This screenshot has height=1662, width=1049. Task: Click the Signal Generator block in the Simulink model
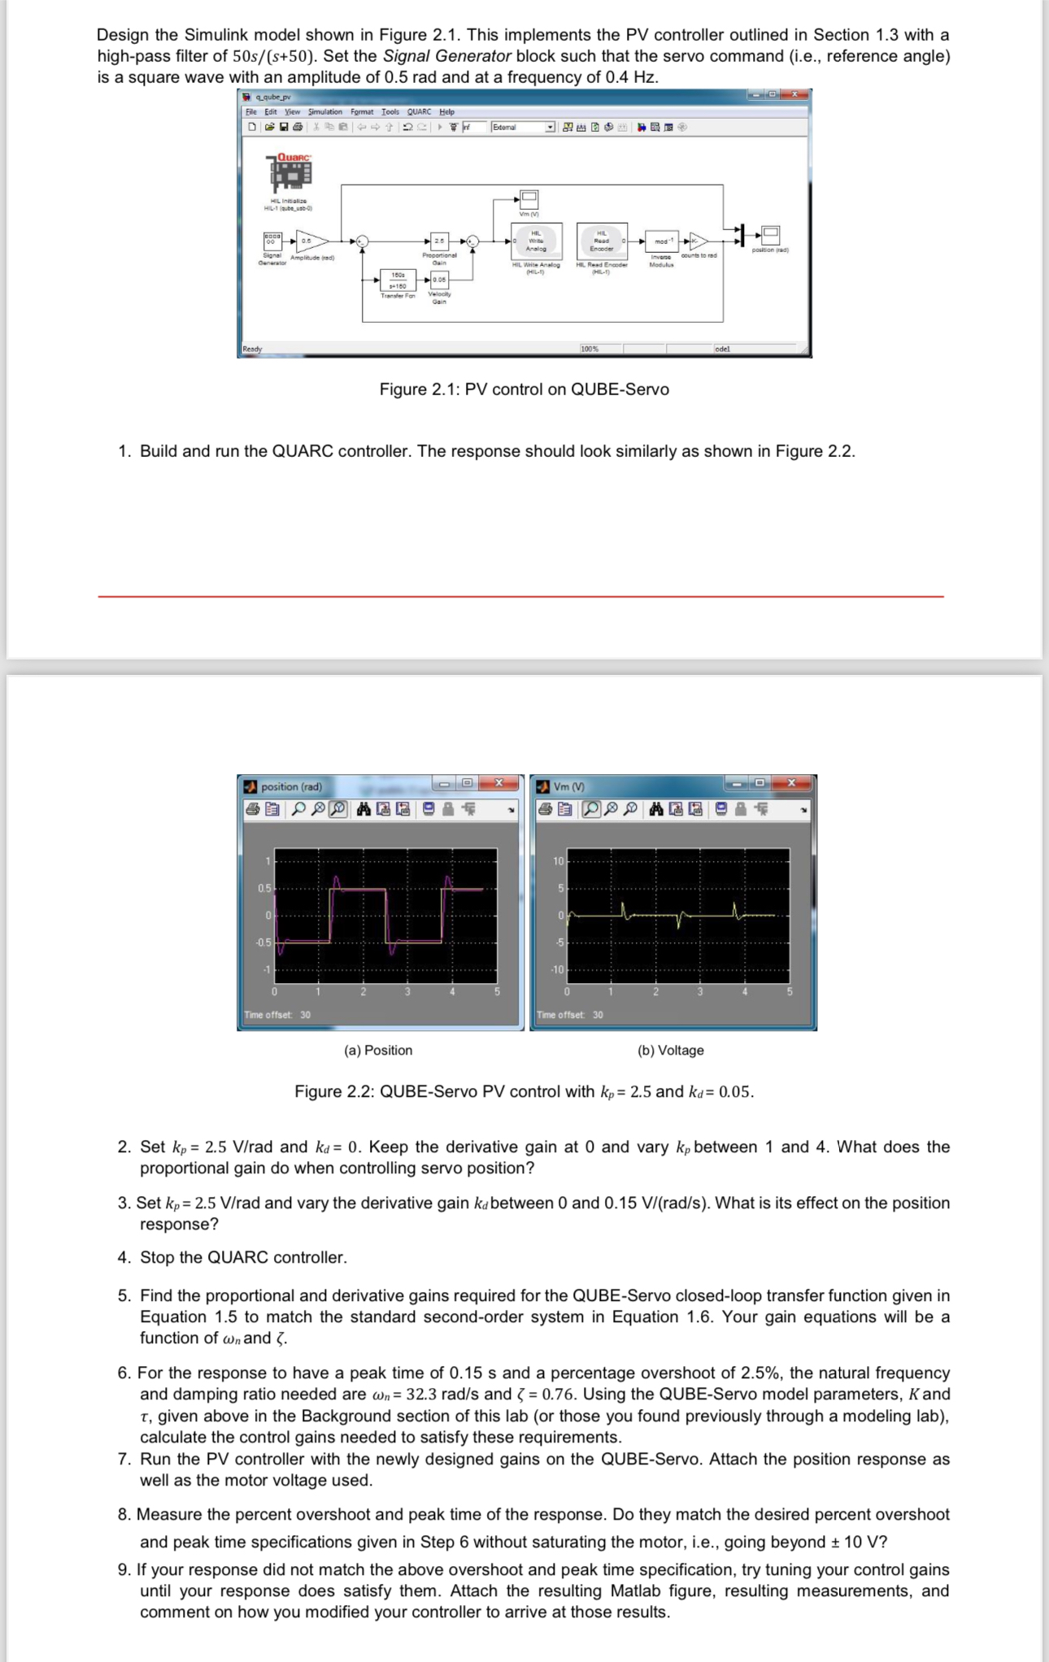coord(272,241)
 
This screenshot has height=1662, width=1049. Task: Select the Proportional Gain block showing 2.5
coord(439,241)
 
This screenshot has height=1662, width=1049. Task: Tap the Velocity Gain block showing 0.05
coord(439,280)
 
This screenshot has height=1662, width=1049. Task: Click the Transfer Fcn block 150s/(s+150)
coord(398,281)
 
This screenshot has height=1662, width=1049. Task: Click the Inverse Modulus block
coord(661,241)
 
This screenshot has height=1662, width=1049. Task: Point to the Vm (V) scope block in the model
coord(529,198)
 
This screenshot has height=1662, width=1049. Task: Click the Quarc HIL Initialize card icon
coord(290,172)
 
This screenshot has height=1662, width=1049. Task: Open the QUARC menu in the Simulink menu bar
coord(419,112)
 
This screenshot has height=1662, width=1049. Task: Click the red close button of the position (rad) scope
coord(499,783)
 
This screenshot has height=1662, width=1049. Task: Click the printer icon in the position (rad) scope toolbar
coord(254,809)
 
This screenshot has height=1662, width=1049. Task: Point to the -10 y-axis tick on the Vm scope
coord(558,970)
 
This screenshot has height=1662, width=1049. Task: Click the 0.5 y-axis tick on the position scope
coord(265,889)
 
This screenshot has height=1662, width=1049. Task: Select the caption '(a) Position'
coord(378,1051)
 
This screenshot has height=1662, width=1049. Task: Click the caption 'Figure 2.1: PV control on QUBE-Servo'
coord(524,389)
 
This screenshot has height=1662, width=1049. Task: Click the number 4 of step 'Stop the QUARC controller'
coord(124,1258)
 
